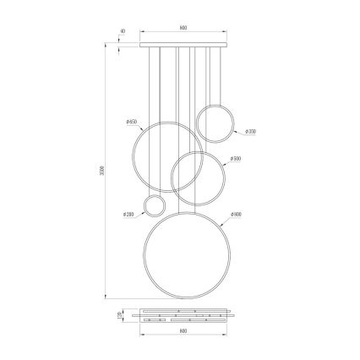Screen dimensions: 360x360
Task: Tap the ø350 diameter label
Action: [x=250, y=132]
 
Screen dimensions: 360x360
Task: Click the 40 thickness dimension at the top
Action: [x=123, y=31]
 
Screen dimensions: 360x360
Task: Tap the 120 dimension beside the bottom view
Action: [x=121, y=315]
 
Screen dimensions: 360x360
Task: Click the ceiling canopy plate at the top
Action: [x=183, y=42]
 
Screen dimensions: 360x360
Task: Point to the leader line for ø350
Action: [x=239, y=128]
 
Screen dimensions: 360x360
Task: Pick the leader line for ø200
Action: [x=138, y=213]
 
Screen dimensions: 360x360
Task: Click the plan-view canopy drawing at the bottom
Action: [x=183, y=315]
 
